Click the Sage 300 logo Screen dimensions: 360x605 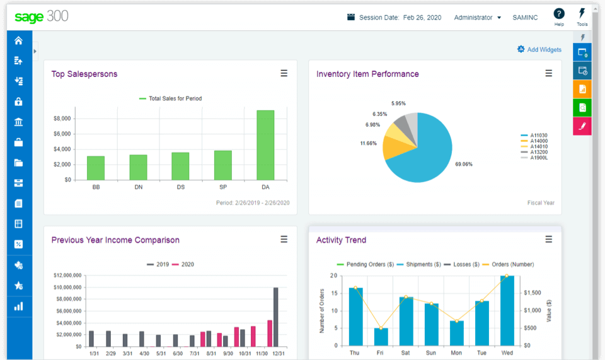[x=41, y=17]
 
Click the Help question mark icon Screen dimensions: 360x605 [x=558, y=14]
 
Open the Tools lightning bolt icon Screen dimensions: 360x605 [x=582, y=14]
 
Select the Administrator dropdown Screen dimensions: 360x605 [x=477, y=18]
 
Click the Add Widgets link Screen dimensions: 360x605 [x=539, y=49]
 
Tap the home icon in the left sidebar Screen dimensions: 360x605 [x=18, y=40]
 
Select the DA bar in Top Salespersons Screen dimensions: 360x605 [x=265, y=145]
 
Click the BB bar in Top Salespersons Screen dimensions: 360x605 [x=96, y=168]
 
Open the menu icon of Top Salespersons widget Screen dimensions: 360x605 [x=284, y=74]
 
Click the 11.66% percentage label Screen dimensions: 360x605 [x=368, y=143]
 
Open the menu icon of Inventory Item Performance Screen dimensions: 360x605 [x=548, y=74]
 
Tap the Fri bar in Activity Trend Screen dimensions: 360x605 [x=381, y=337]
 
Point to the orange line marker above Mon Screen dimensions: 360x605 [x=457, y=321]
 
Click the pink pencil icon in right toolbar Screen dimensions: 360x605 [x=582, y=126]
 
